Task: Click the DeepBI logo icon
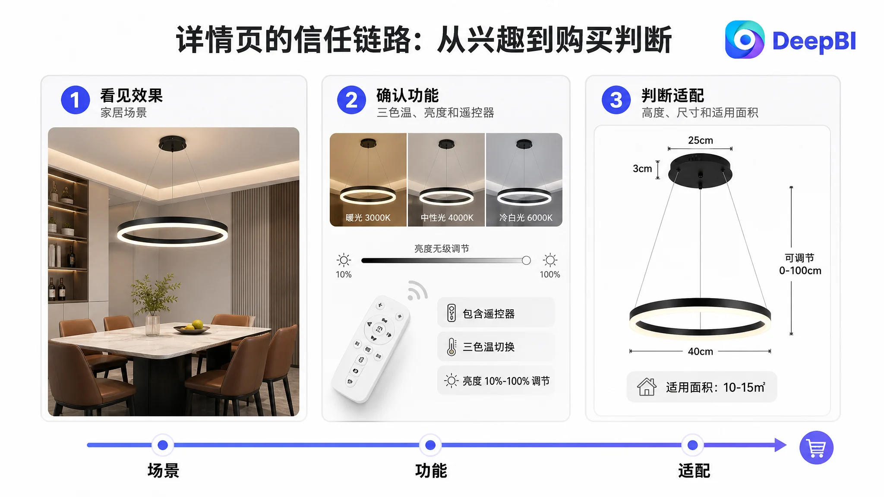point(745,40)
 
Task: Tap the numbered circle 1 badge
point(76,100)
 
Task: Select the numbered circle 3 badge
point(616,100)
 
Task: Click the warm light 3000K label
point(368,218)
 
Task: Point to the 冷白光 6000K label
point(526,218)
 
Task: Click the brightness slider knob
point(526,260)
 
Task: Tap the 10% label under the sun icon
point(344,274)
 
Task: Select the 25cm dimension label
point(700,140)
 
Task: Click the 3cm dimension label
point(642,169)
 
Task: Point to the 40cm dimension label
point(700,352)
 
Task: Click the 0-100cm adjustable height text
point(800,271)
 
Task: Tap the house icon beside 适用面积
point(647,387)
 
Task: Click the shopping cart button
point(816,448)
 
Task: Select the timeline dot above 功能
point(430,445)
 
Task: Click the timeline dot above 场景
point(163,445)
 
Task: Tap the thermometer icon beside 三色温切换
point(451,346)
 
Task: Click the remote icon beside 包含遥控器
point(451,313)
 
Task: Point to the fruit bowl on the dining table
point(192,327)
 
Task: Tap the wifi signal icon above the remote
point(417,290)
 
